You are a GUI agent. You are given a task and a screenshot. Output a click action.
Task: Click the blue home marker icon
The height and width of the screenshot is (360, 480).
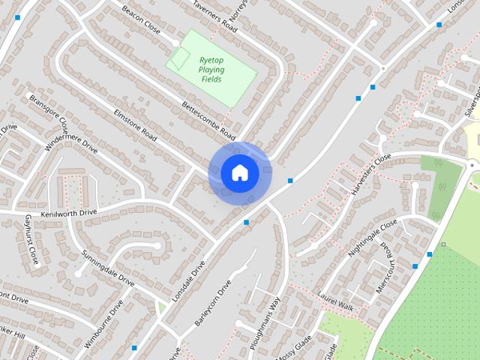(x=239, y=173)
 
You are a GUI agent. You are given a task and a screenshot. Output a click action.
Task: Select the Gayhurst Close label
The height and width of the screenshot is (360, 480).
(x=31, y=239)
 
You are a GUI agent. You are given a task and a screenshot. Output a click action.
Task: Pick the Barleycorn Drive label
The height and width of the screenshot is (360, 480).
(x=213, y=302)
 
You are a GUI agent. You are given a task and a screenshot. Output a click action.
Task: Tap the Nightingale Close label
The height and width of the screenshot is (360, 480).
(x=372, y=239)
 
